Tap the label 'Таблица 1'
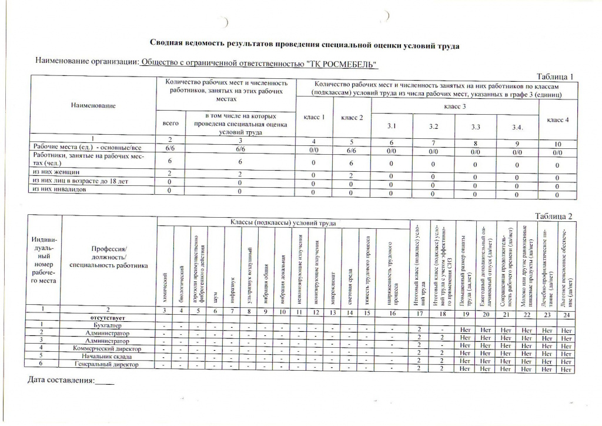[554, 76]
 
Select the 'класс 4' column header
[558, 120]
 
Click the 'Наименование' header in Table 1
[93, 105]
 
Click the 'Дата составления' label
[62, 381]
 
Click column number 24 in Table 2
[566, 309]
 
